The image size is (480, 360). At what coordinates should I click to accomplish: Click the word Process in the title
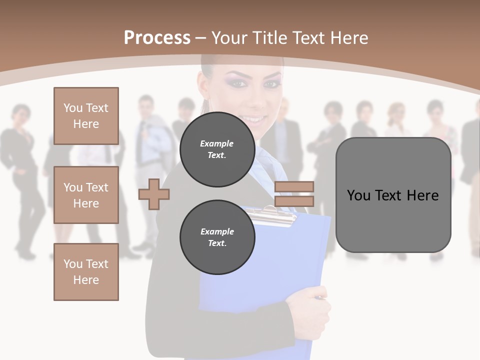tap(157, 37)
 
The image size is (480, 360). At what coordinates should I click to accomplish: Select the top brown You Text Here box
tap(86, 116)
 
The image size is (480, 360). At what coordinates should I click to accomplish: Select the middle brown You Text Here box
tap(86, 195)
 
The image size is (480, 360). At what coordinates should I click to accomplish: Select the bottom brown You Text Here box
tap(86, 272)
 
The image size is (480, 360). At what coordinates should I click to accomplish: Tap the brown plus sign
tap(153, 194)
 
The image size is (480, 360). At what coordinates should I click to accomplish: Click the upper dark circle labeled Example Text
tap(217, 149)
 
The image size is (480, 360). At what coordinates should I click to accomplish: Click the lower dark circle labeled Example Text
tap(217, 237)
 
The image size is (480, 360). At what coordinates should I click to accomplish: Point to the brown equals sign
tap(294, 194)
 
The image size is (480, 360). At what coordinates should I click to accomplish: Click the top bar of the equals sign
tap(294, 186)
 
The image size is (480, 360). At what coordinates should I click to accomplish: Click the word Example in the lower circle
tap(217, 231)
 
